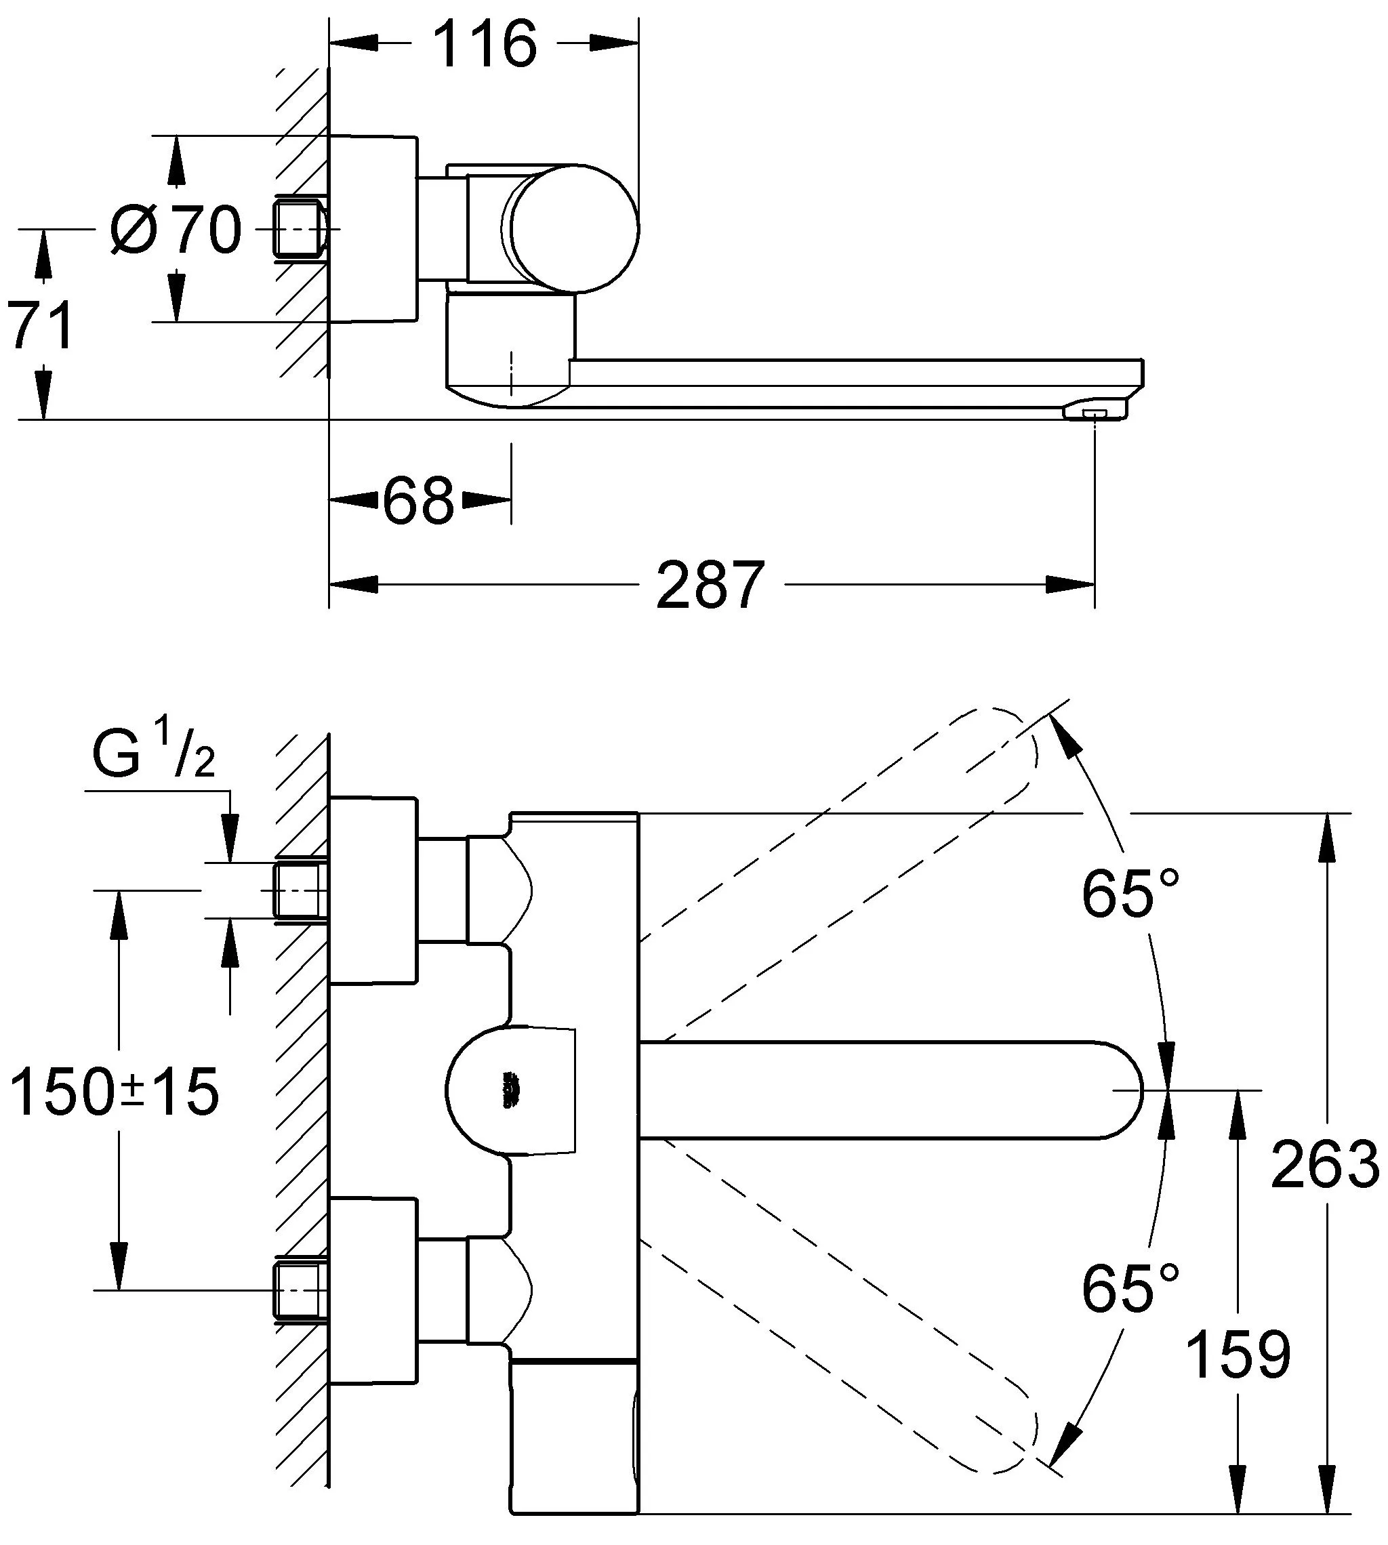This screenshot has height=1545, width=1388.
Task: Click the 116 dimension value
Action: tap(485, 46)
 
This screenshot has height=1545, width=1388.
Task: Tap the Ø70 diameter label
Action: tap(176, 230)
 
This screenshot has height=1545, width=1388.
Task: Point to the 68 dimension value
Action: tap(418, 501)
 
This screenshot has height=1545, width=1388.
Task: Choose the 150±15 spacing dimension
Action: tap(115, 1093)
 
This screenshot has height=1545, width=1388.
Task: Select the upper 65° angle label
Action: tap(1130, 893)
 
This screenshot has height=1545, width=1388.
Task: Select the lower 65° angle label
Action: tap(1130, 1289)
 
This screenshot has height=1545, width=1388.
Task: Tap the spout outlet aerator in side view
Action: tap(1094, 413)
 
